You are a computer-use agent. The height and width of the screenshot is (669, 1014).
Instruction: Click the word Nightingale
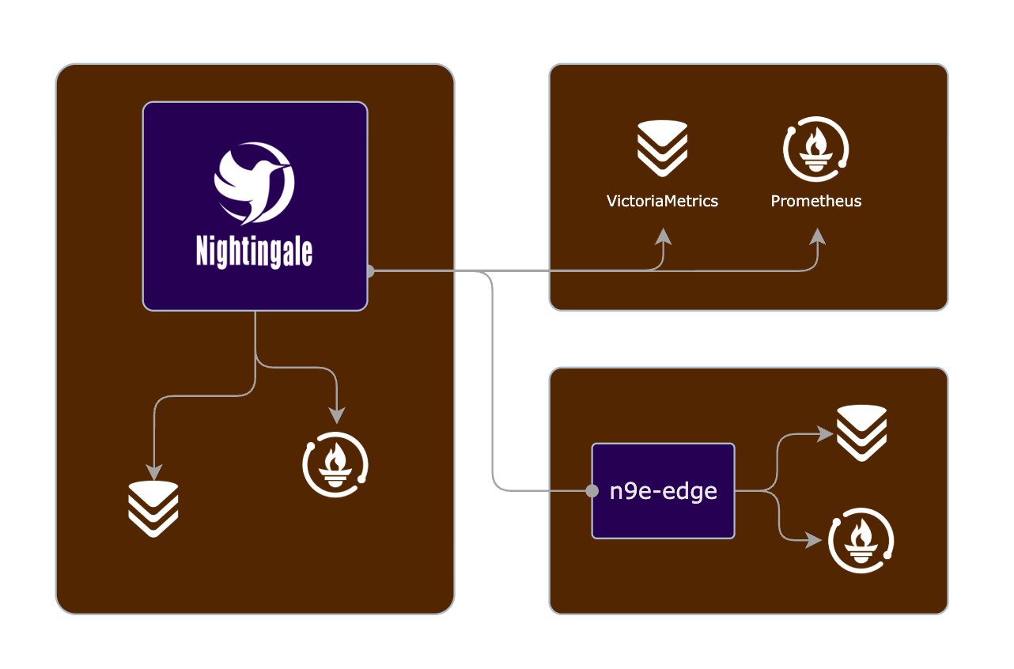[254, 252]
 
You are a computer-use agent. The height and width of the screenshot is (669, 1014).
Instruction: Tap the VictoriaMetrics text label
[662, 201]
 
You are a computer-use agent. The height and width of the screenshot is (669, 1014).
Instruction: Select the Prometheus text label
[816, 201]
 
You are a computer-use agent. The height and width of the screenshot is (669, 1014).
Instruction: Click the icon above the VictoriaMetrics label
[662, 149]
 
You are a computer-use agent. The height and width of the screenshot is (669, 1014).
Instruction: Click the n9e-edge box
[663, 491]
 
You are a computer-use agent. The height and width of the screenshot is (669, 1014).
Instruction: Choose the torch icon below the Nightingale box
[336, 464]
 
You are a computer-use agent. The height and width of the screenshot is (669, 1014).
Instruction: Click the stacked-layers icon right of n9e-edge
[861, 433]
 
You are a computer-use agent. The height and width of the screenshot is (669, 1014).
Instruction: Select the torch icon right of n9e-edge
[861, 543]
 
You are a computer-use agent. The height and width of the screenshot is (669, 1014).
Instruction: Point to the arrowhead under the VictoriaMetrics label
[662, 236]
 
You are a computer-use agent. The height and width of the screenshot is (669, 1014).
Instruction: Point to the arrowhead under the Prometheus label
[816, 236]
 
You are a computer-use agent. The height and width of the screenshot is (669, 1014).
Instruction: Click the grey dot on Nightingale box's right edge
[369, 271]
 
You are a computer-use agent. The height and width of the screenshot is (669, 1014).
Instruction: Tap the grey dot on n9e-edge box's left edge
[592, 491]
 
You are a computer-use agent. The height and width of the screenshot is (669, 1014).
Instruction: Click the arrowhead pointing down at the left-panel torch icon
[337, 414]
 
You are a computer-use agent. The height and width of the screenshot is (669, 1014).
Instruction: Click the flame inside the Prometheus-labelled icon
[816, 144]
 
